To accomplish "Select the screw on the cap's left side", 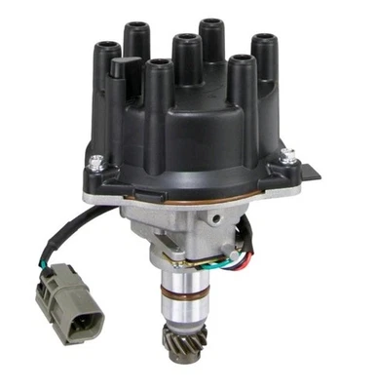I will (95, 164).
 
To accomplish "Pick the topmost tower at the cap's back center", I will (212, 39).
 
